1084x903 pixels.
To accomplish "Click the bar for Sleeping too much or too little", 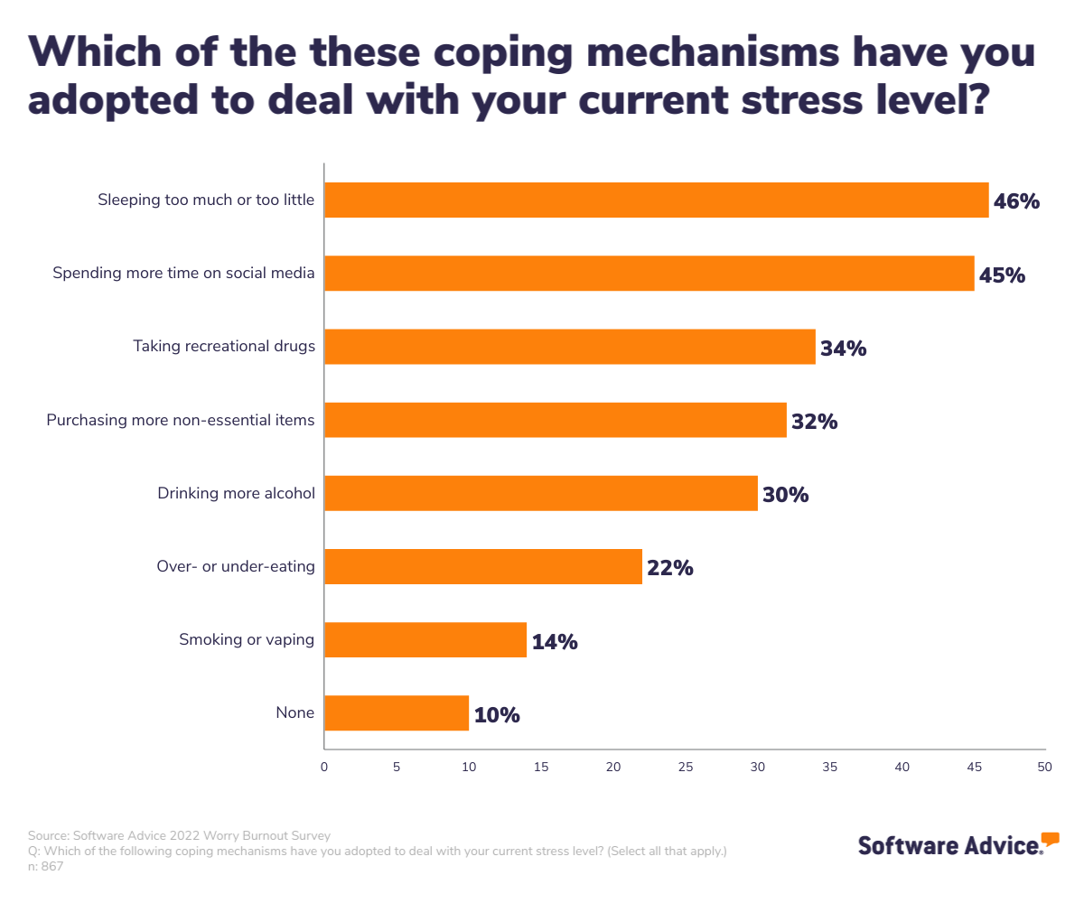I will [x=656, y=200].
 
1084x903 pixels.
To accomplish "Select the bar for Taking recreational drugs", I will [x=569, y=347].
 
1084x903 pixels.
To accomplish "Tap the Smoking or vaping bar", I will [x=425, y=639].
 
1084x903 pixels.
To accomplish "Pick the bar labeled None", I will [x=396, y=712].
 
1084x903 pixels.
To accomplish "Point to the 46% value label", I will [x=1016, y=201].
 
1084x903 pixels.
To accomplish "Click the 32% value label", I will [x=814, y=422].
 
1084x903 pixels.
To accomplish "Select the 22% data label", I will [x=669, y=568].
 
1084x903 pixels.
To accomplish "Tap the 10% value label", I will [x=497, y=715].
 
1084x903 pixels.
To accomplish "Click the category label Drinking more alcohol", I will [x=236, y=493].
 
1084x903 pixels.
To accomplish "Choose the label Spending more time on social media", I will [x=183, y=273].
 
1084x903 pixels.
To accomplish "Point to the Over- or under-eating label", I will [x=235, y=566].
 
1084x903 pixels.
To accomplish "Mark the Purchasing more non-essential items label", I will [x=181, y=420].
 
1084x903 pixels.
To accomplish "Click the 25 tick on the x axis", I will [x=686, y=767].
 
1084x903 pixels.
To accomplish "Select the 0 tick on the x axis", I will [x=324, y=767].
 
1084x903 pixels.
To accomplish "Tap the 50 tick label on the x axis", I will [x=1045, y=767].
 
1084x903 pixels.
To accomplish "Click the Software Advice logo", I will [x=958, y=844].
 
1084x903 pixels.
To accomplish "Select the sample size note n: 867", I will [x=46, y=866].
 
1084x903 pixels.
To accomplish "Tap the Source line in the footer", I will [x=179, y=835].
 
